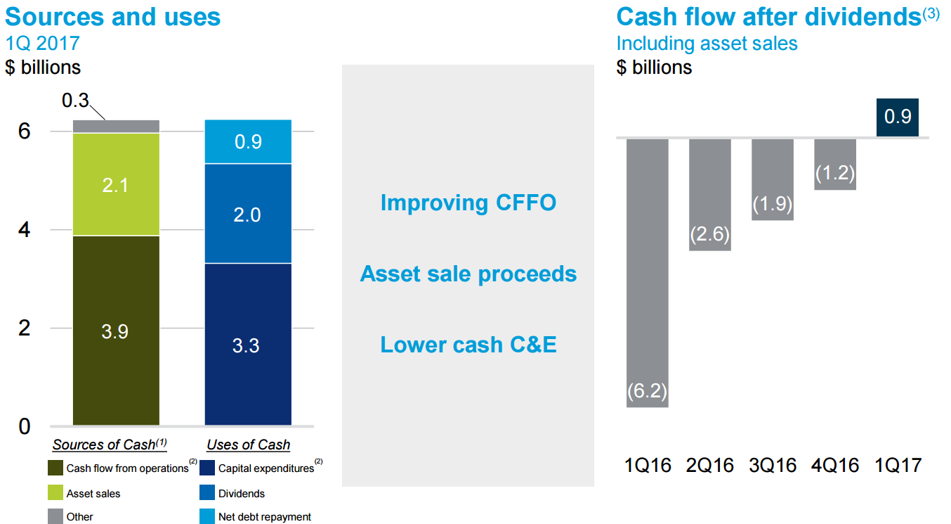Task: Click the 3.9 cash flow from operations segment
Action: point(116,331)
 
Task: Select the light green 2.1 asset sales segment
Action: point(116,184)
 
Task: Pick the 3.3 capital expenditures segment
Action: point(247,345)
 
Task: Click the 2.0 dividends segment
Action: point(247,214)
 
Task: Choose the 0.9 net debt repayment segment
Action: point(247,141)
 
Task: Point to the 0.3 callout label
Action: point(75,101)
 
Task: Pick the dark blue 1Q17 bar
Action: point(898,117)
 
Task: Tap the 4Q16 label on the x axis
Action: point(835,465)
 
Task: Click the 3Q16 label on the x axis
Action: point(773,465)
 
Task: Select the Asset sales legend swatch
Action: point(55,493)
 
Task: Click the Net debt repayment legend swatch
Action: point(207,517)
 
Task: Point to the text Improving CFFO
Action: point(468,203)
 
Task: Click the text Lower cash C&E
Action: point(468,345)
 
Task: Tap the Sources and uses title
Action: point(113,16)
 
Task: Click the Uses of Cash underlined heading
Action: point(248,445)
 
